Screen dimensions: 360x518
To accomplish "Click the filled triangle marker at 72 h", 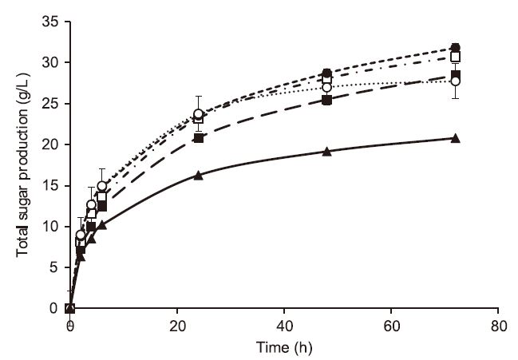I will (455, 138).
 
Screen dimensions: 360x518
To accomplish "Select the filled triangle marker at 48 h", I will (326, 151).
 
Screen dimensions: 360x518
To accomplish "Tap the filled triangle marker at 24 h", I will (198, 175).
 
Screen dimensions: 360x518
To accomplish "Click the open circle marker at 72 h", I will (455, 81).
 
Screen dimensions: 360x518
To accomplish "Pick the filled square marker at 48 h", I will (326, 100).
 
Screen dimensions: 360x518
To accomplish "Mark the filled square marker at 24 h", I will (198, 138).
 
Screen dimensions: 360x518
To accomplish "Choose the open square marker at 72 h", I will (455, 57).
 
